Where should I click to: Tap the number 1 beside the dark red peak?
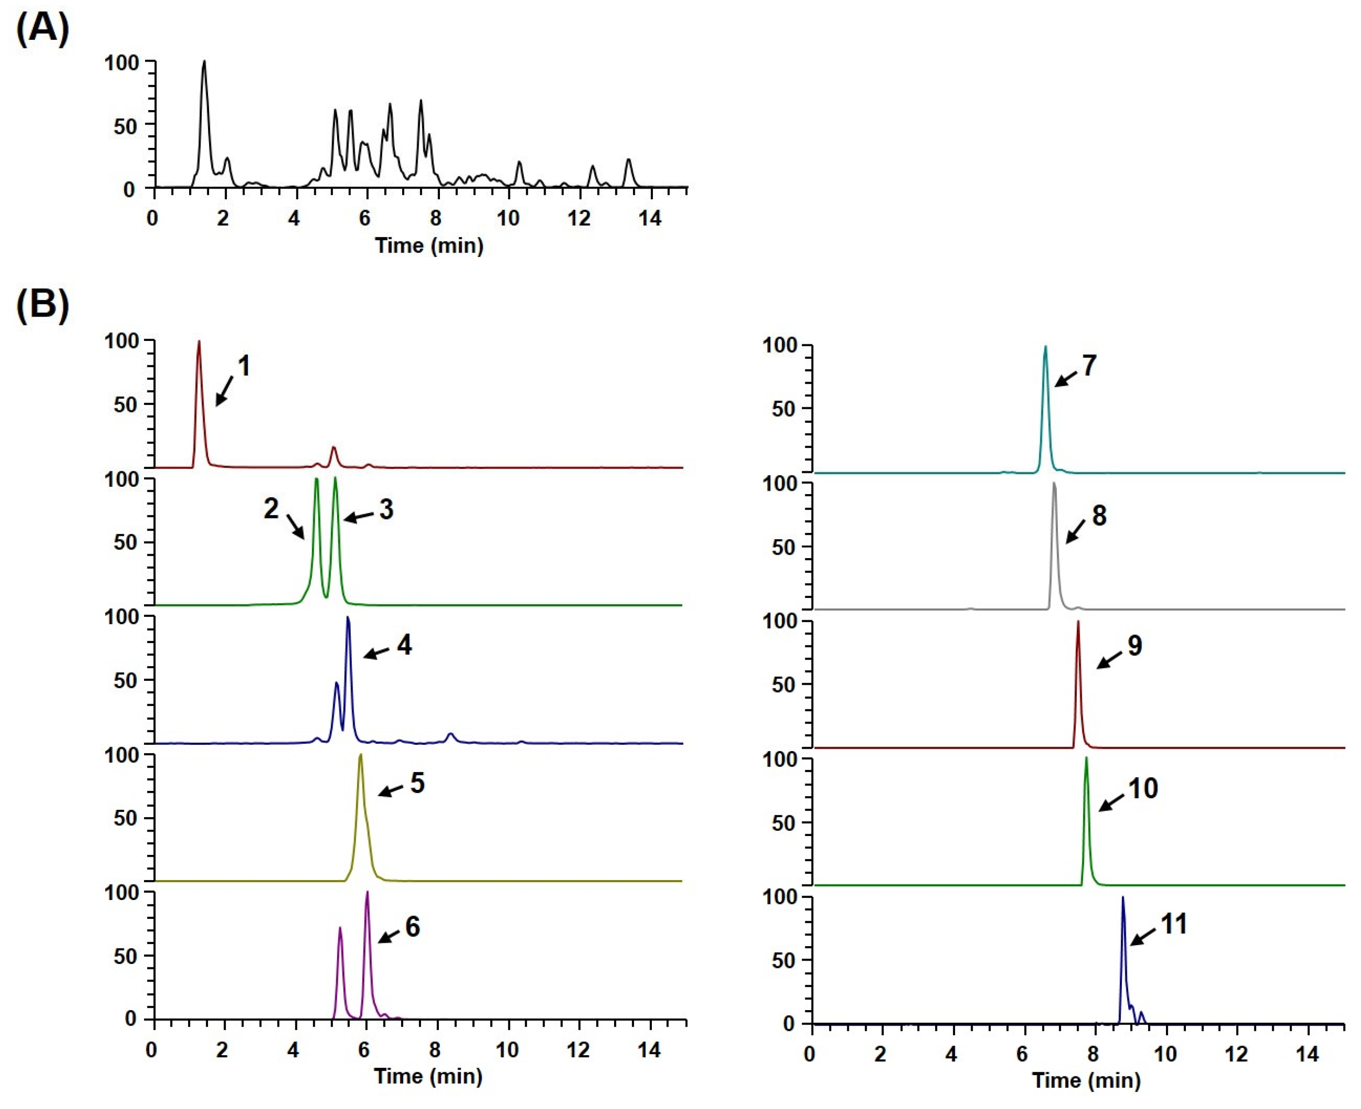coord(243,367)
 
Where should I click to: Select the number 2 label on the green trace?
coord(271,509)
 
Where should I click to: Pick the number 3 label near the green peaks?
coord(386,510)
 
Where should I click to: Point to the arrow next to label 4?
coord(376,653)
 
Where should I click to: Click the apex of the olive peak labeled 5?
coord(361,755)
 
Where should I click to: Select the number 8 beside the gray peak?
coord(1099,515)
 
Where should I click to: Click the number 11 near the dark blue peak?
coord(1174,924)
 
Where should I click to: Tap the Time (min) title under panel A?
coord(429,245)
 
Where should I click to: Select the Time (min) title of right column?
coord(1086,1080)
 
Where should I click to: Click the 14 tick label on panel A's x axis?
coord(650,219)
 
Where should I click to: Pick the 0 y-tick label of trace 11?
coord(788,1023)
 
